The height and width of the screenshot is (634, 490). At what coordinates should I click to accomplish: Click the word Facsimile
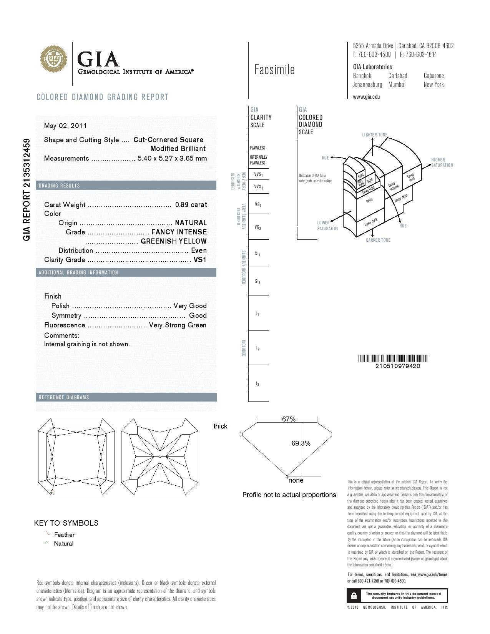(274, 70)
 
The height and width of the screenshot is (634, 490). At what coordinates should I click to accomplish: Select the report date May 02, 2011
(65, 126)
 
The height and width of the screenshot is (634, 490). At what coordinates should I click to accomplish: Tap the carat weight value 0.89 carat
(191, 205)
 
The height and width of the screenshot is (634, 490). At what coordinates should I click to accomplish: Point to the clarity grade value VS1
(200, 260)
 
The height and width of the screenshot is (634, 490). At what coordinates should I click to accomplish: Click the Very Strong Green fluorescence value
(178, 325)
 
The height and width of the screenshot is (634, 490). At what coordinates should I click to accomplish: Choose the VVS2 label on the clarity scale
(259, 187)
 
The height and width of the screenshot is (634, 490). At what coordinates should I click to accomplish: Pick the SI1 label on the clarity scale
(258, 254)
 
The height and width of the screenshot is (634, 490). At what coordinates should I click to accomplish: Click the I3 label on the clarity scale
(257, 383)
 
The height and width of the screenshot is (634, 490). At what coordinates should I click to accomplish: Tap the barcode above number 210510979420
(393, 358)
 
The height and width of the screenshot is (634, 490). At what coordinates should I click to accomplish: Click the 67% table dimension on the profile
(289, 419)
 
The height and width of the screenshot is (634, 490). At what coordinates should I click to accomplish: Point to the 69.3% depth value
(301, 443)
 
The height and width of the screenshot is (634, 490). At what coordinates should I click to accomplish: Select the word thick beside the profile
(220, 426)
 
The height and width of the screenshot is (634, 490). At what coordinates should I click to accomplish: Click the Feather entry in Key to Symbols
(64, 534)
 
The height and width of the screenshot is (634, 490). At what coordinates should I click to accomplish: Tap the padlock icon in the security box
(354, 596)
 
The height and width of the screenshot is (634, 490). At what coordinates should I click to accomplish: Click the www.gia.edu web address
(366, 97)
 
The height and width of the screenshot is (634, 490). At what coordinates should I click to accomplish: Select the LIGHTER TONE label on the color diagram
(375, 135)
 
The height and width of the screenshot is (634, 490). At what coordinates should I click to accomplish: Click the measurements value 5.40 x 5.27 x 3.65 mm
(172, 158)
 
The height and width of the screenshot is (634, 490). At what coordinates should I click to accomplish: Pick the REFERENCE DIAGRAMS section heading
(64, 397)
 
